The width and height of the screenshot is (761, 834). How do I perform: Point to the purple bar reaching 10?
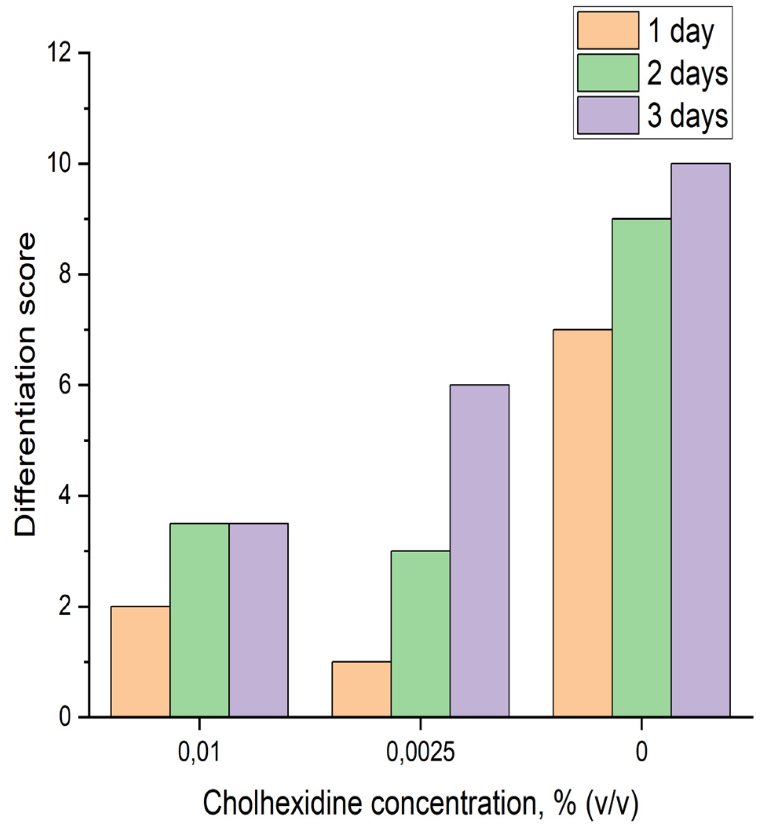click(700, 441)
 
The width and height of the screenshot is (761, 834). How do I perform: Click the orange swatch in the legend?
click(607, 30)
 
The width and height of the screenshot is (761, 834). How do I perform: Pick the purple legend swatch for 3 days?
click(607, 115)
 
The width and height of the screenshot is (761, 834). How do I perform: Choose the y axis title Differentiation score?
click(26, 385)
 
